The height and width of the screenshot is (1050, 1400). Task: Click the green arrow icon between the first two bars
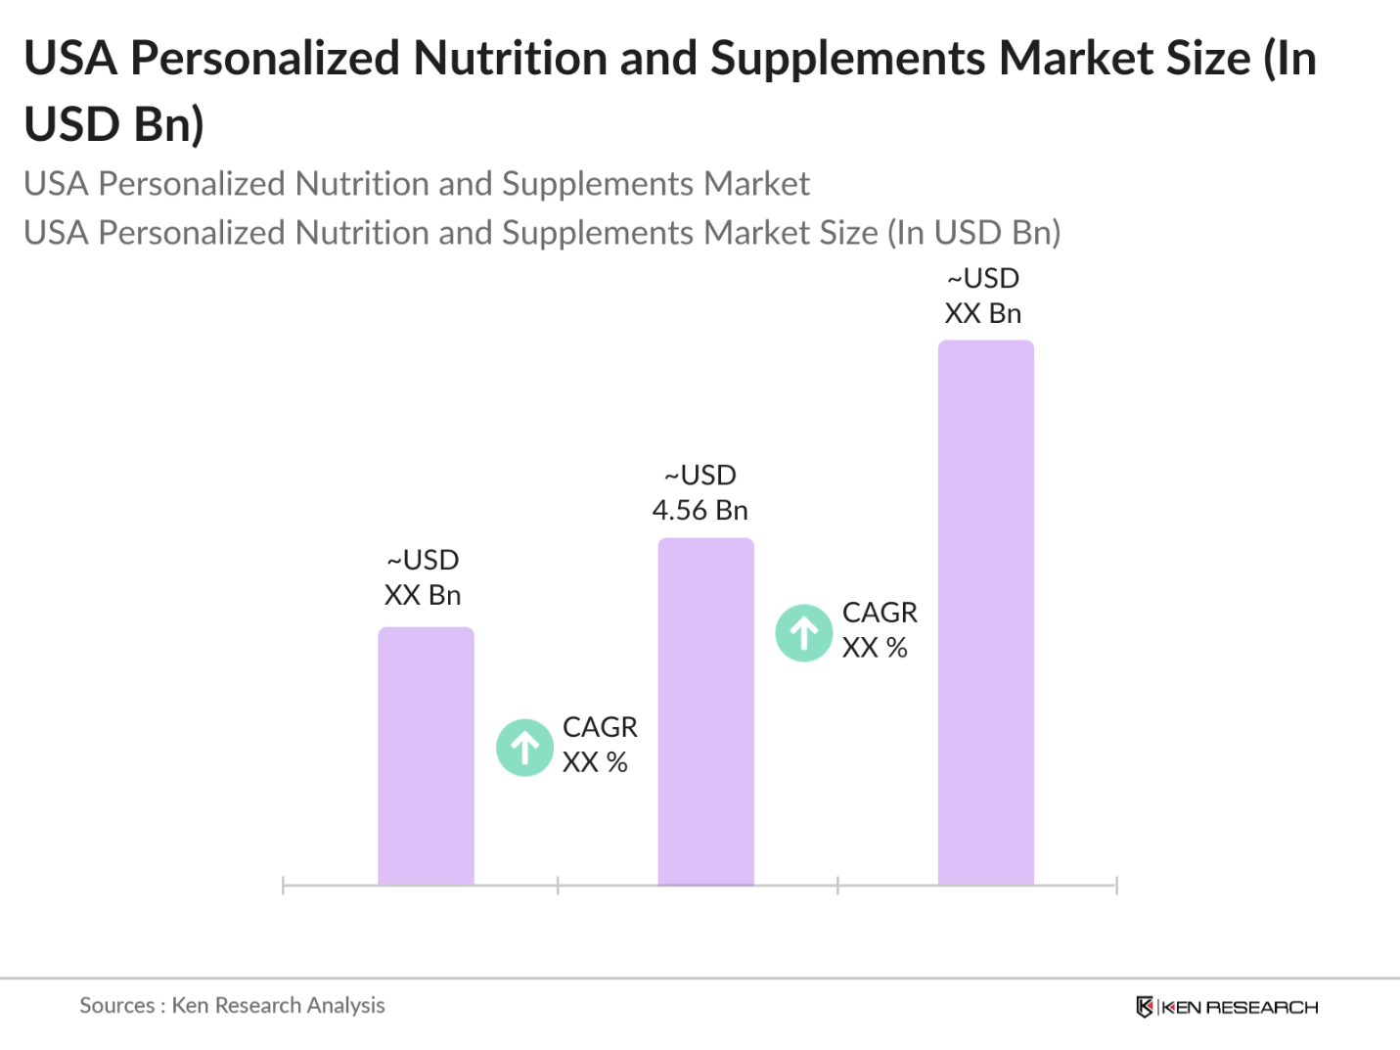525,748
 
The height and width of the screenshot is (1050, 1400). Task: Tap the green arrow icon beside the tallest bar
804,633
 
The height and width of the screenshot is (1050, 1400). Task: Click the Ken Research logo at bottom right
1227,1007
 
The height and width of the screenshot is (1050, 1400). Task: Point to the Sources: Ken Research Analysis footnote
232,1005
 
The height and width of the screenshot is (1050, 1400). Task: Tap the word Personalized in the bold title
266,59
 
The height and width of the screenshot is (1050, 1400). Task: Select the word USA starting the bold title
70,59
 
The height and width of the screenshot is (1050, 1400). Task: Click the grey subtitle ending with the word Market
417,184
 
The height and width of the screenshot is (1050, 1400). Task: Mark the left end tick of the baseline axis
283,886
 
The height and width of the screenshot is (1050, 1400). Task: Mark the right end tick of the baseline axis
1116,886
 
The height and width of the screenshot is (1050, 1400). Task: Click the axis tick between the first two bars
558,886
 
